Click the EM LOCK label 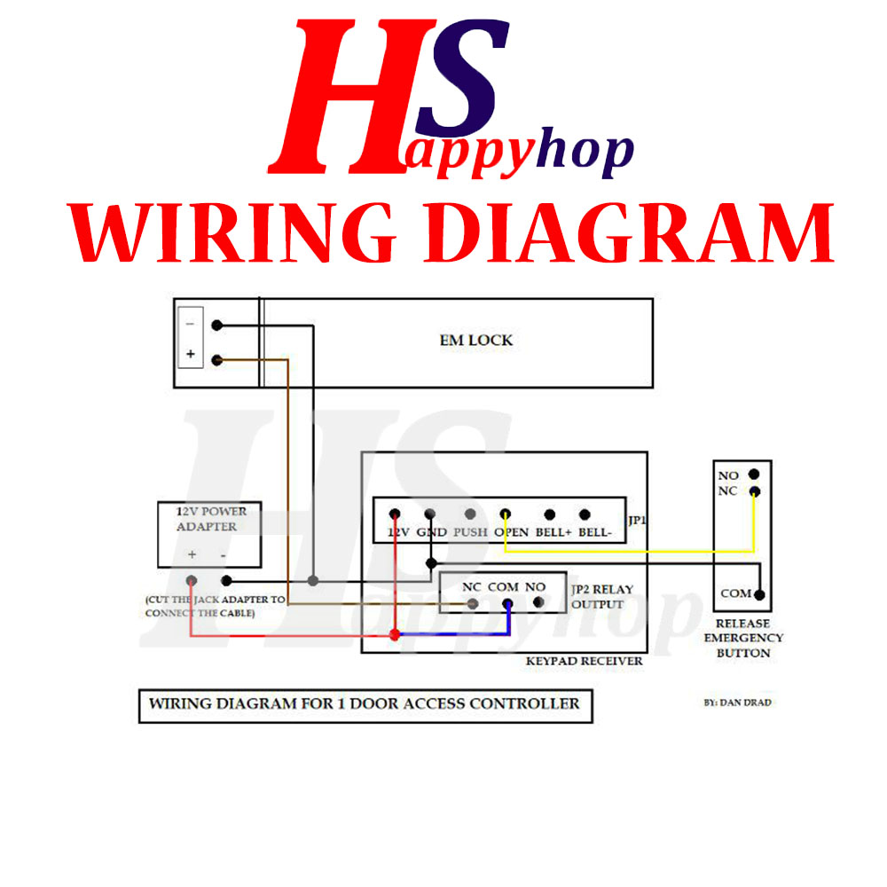476,340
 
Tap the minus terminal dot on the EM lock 217,326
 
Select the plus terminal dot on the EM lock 217,359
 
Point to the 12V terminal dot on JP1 395,514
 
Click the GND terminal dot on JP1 430,514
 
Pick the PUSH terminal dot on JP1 470,514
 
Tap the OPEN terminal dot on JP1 505,514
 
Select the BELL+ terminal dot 550,514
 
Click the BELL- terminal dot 585,514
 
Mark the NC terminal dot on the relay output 473,604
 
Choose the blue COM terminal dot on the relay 507,604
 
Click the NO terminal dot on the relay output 538,604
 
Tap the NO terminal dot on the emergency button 753,475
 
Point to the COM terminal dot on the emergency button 759,594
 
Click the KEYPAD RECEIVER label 584,661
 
